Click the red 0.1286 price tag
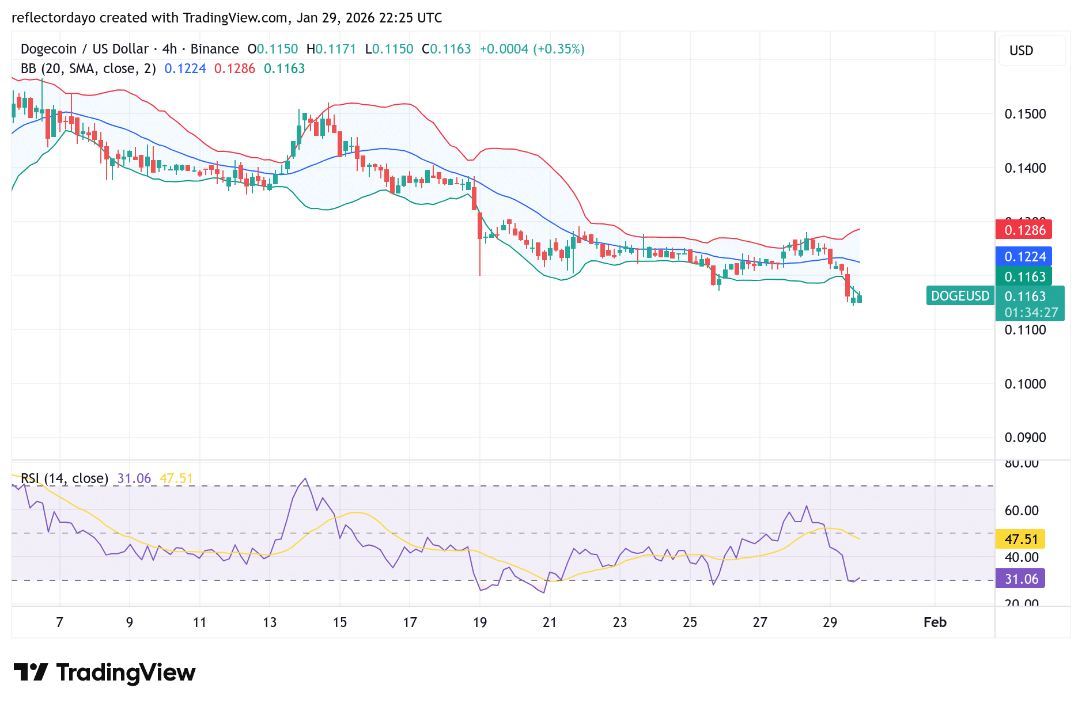(x=1024, y=230)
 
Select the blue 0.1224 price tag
(x=1024, y=257)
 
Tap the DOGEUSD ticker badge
(x=960, y=296)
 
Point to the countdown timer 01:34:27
(x=1031, y=313)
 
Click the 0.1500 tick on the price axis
(x=1025, y=114)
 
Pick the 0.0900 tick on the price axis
(x=1025, y=438)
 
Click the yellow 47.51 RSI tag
(x=1020, y=539)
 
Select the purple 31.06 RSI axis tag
(x=1020, y=579)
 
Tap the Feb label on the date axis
(x=935, y=622)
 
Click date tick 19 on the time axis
(x=479, y=622)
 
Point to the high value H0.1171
(x=331, y=49)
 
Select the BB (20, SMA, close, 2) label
(x=88, y=69)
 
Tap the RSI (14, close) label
(x=65, y=478)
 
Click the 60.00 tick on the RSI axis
(x=1022, y=511)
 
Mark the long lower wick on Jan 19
(x=480, y=259)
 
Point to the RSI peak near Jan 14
(x=305, y=479)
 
